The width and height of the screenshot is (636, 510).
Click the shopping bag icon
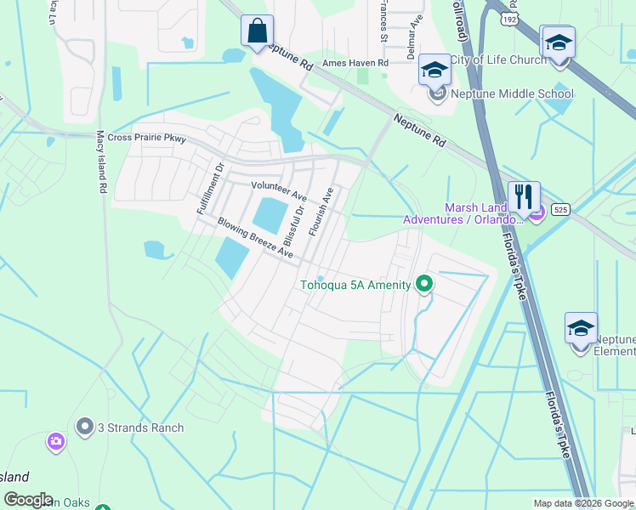[x=257, y=31]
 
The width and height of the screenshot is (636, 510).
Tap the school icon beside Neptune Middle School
[x=434, y=71]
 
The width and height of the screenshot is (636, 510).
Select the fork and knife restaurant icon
[x=524, y=196]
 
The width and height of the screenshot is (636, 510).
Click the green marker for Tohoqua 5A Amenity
[x=423, y=285]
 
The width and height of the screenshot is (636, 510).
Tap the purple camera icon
[x=56, y=441]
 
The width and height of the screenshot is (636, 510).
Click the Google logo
[x=28, y=500]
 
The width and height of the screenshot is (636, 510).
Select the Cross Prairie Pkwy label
[x=146, y=138]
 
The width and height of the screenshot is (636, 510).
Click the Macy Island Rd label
[x=101, y=161]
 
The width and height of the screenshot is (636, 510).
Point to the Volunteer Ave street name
[x=279, y=190]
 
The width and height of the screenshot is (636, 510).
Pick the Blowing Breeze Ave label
[x=255, y=238]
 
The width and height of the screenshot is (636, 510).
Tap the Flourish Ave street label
[x=322, y=212]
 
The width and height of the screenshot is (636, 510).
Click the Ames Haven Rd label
[x=355, y=63]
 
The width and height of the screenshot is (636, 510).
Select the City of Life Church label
[x=497, y=59]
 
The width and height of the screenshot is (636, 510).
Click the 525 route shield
[x=559, y=207]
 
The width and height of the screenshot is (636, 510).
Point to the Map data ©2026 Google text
[x=582, y=503]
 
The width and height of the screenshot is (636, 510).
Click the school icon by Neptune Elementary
[x=581, y=329]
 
